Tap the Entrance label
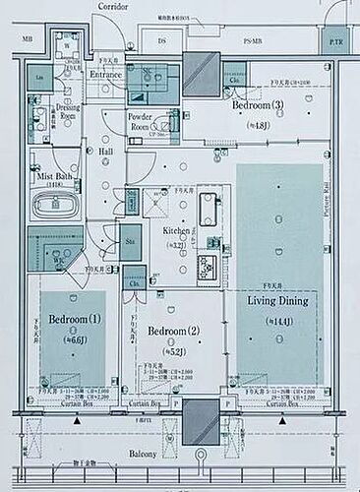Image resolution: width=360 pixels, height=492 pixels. pyautogui.click(x=105, y=74)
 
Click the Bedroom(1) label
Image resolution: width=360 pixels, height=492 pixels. pyautogui.click(x=75, y=319)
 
